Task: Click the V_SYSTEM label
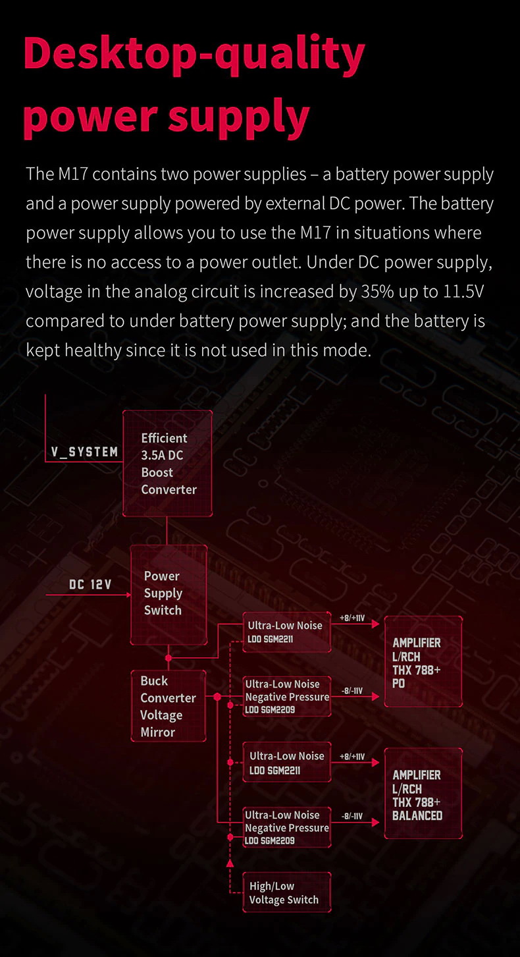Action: tap(85, 452)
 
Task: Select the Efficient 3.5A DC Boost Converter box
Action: tap(168, 464)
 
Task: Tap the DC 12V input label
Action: tap(90, 584)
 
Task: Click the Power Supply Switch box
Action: tap(169, 593)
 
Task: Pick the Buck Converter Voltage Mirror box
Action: tap(169, 706)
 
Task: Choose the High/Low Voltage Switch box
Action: tap(286, 893)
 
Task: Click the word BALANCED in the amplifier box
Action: tap(417, 815)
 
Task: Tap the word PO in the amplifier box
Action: tap(399, 684)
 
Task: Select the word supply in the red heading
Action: tap(239, 116)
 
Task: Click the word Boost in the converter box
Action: tap(157, 472)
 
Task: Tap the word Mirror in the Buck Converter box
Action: tap(158, 732)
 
